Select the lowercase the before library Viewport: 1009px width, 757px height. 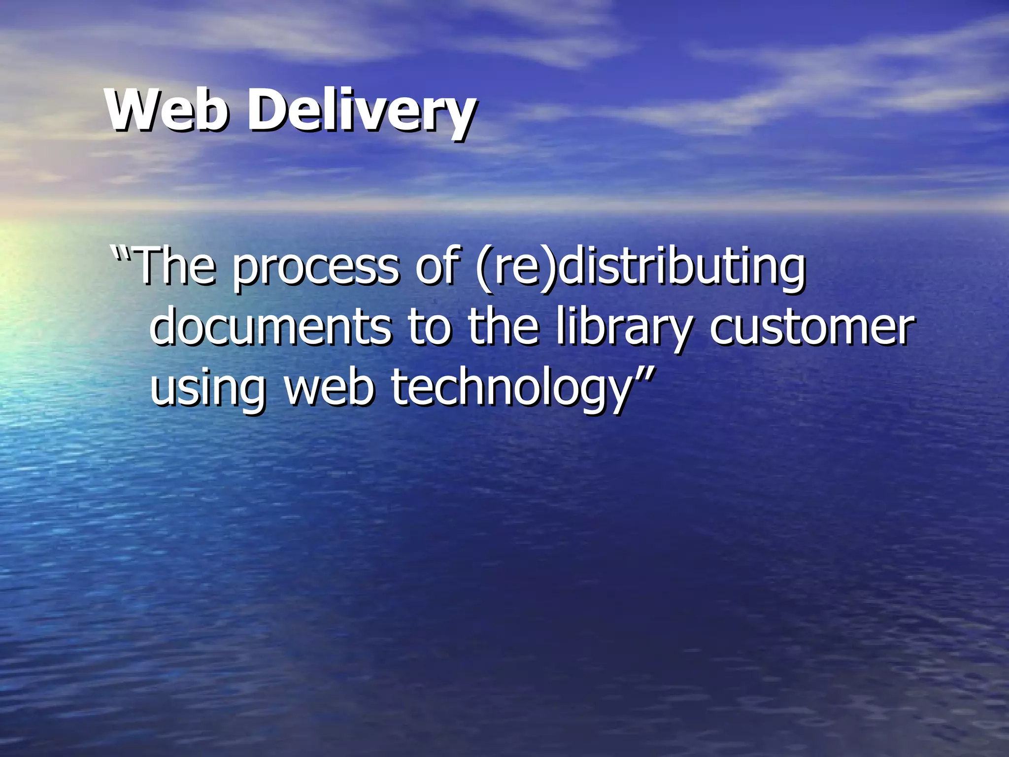pos(503,327)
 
